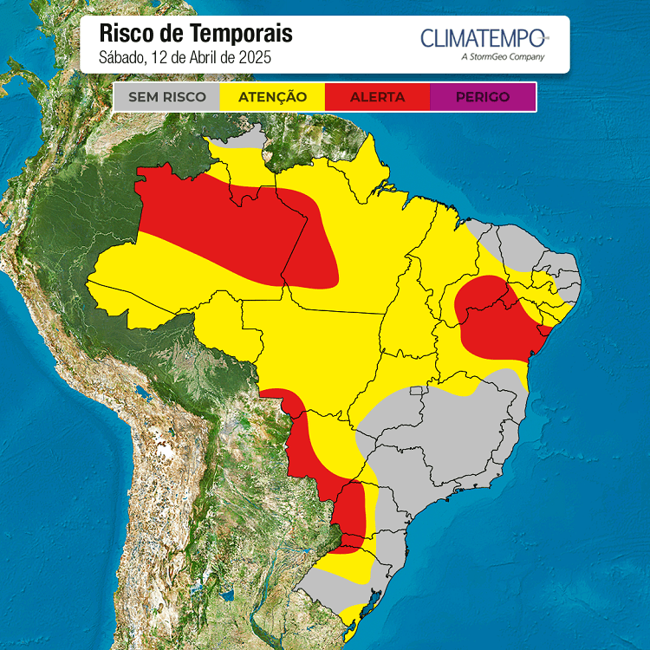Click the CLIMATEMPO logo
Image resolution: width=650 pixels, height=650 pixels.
tap(483, 38)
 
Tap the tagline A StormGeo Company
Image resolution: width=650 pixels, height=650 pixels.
tap(504, 57)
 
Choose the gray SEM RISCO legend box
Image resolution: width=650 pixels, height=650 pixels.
tap(167, 97)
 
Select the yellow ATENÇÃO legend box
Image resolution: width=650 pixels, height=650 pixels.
tap(272, 97)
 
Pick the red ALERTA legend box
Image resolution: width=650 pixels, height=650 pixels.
tap(377, 97)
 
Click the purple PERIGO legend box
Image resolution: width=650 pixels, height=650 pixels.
tap(483, 97)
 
